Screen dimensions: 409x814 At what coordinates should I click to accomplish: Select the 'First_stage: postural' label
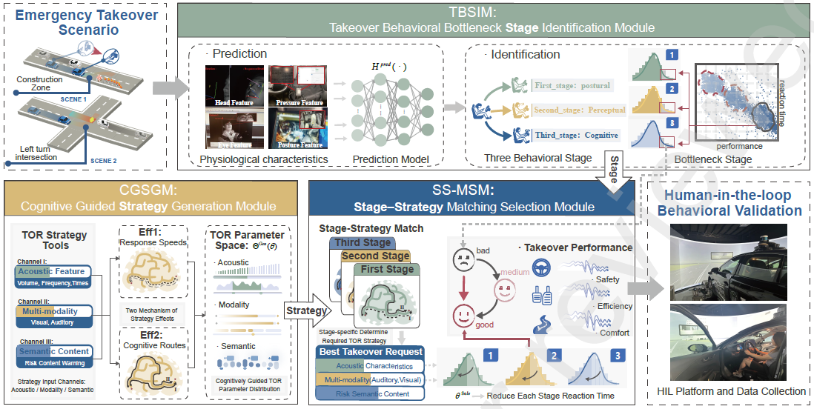coord(572,85)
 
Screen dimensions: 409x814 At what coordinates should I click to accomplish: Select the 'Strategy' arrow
coord(305,311)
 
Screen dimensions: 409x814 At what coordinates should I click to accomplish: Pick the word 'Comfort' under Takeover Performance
coord(612,333)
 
